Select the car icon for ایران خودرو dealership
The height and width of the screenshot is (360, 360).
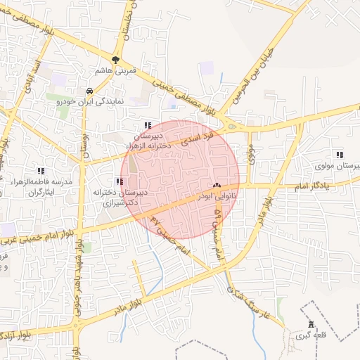tap(90, 91)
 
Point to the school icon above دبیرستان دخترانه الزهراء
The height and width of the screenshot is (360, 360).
tap(147, 124)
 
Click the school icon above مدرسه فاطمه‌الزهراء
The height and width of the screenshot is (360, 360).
tap(41, 171)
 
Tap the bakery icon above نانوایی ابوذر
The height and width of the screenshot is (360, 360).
tap(216, 186)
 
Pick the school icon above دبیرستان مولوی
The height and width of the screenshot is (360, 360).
tap(340, 155)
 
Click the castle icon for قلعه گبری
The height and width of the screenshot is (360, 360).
tap(311, 324)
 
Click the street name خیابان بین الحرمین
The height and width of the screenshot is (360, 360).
tap(266, 59)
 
